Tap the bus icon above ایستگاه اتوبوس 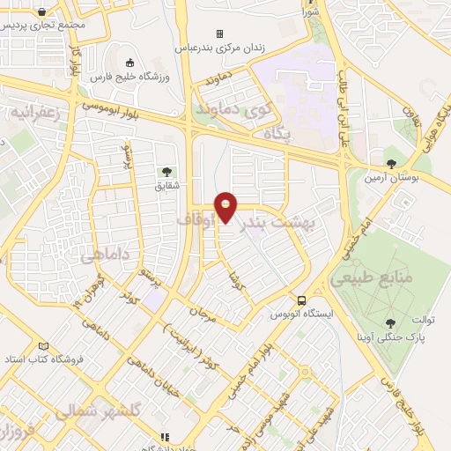pos(302,300)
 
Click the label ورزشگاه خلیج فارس pos(132,78)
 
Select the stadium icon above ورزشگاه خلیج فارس pos(131,63)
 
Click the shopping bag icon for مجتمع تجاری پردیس pos(43,11)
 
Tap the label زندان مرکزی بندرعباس pos(229,47)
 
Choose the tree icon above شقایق pos(166,171)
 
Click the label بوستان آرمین pos(392,178)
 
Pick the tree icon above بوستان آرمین pos(391,163)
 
